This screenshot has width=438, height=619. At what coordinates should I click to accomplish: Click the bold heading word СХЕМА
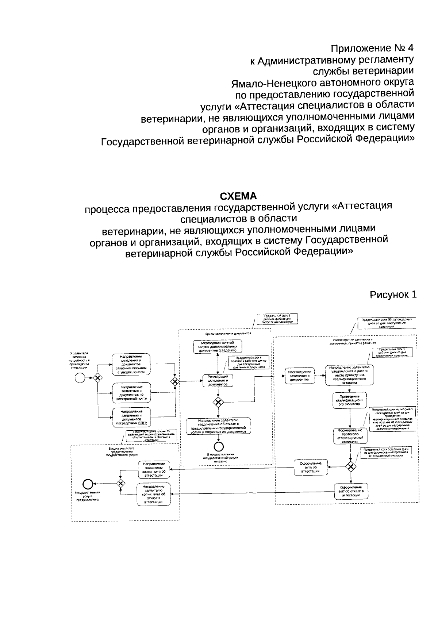238,196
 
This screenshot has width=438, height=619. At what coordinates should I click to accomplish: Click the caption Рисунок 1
393,295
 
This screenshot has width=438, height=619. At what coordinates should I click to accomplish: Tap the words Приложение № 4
372,48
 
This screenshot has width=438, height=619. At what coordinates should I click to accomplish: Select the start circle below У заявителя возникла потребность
80,378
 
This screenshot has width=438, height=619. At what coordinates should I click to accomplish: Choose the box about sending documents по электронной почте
131,393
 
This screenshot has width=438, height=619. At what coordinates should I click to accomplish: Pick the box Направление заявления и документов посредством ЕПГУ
131,418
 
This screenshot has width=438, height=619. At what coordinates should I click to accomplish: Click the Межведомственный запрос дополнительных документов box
218,346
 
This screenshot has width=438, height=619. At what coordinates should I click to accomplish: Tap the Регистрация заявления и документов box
218,380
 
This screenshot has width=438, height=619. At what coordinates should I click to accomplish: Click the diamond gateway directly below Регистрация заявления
218,402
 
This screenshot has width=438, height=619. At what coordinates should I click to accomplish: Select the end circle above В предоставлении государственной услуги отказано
219,446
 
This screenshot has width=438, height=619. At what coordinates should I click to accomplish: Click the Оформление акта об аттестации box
311,467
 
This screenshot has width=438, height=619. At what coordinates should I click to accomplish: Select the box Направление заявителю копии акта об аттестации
154,469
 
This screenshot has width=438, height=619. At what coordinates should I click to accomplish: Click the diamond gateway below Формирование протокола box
350,466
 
